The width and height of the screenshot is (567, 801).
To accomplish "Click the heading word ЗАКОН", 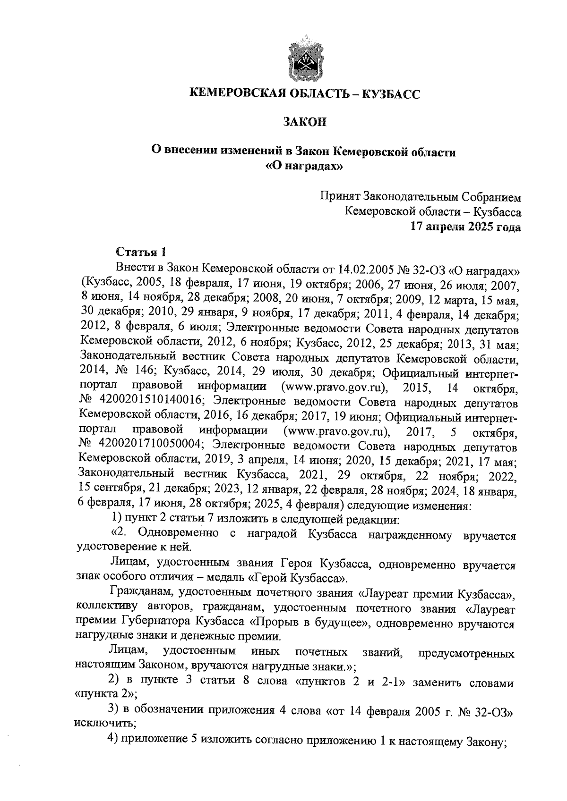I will click(x=305, y=122).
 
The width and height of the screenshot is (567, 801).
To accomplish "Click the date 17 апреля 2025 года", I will click(x=465, y=227).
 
